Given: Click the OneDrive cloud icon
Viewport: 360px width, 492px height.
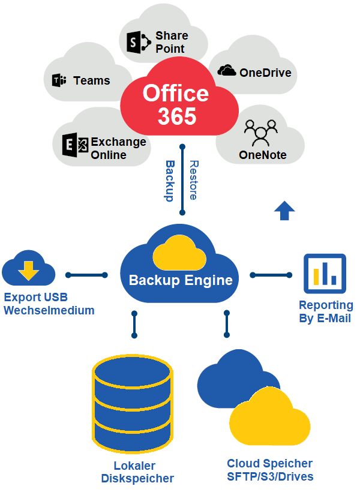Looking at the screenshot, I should point(226,71).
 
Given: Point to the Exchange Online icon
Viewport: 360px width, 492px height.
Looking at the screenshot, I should point(75,146).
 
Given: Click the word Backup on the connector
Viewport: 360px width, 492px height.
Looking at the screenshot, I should point(170,180).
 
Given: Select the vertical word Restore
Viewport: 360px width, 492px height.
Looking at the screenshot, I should point(193,179).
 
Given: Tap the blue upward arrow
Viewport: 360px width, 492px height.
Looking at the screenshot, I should point(284,211).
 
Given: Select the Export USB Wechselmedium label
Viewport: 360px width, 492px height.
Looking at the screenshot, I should point(49,304).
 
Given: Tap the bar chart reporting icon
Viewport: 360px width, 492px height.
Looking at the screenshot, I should point(325,273).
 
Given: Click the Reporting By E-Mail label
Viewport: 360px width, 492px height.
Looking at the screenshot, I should point(325,311).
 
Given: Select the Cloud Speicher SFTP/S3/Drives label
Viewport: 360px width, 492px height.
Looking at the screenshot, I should point(269,470).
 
